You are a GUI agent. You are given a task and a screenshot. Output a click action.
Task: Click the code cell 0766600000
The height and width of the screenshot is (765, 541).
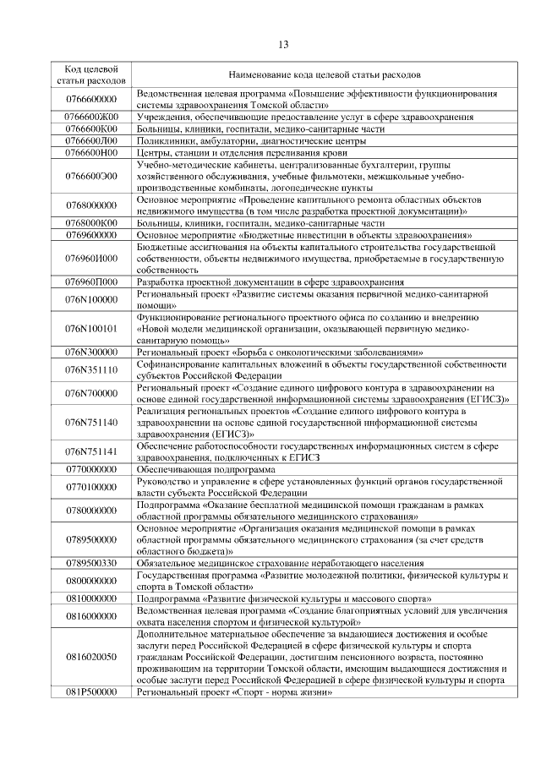point(90,98)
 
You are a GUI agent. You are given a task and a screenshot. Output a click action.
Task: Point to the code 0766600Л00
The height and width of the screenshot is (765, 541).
point(90,140)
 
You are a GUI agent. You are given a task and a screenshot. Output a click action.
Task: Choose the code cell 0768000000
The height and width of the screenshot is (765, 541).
point(90,205)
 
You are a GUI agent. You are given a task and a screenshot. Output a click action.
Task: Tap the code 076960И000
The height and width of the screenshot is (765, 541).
point(90,258)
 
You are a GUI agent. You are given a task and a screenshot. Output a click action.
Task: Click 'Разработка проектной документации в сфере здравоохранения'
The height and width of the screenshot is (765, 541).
point(270,281)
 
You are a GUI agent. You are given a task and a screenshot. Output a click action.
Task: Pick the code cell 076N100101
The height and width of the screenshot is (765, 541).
point(90,328)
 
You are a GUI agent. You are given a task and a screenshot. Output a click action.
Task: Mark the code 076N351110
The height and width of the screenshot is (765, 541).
point(90,369)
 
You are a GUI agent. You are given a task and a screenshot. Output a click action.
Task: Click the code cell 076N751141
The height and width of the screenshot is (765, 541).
point(90,451)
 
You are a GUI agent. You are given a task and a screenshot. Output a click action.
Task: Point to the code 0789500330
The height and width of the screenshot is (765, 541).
point(90,562)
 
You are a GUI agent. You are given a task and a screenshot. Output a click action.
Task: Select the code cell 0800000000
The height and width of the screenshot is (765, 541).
point(90,580)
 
